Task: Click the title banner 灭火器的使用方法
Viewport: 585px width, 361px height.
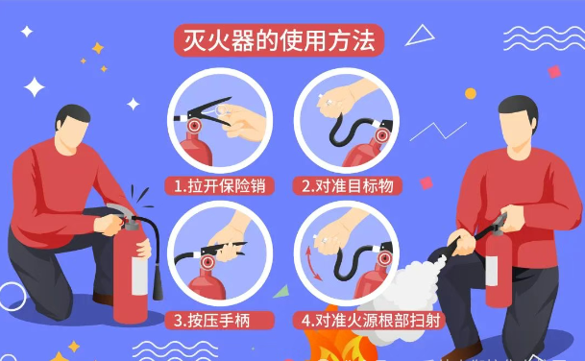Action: tap(279, 39)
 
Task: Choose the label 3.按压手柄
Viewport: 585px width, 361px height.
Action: tap(213, 319)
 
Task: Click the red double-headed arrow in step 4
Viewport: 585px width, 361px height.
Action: tap(311, 264)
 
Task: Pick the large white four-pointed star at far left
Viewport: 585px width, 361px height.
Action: tap(35, 87)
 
